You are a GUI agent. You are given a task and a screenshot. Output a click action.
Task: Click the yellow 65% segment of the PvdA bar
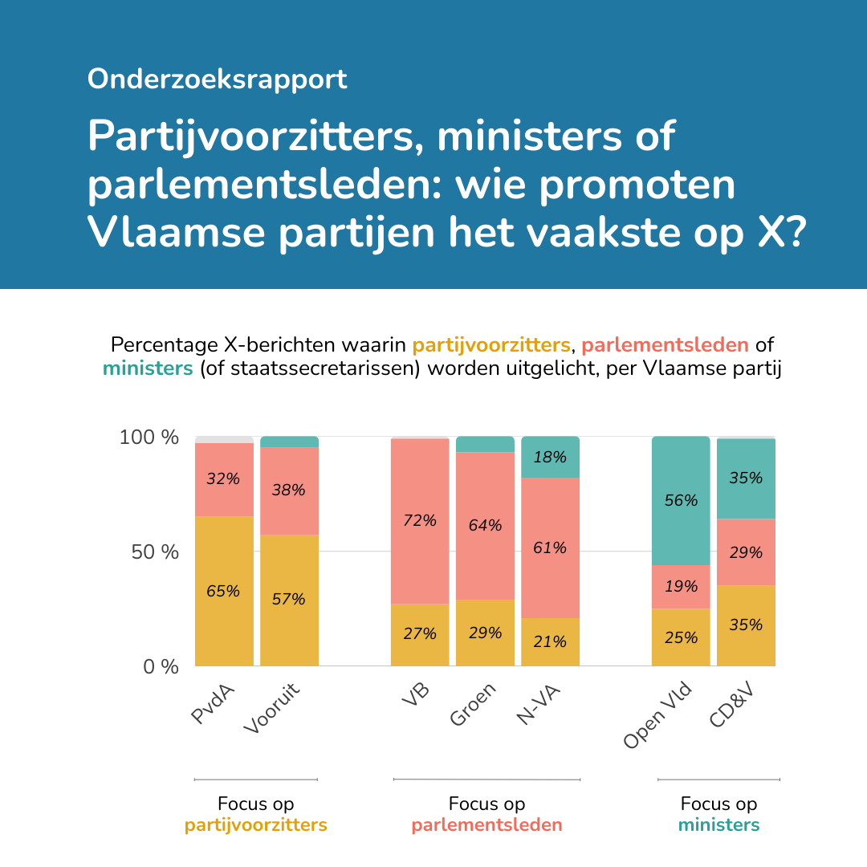click(224, 591)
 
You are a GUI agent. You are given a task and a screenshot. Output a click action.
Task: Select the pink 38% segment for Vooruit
click(289, 490)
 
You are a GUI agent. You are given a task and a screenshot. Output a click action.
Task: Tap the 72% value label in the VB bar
click(420, 520)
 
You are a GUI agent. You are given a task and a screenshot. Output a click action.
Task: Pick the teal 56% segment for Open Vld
click(681, 500)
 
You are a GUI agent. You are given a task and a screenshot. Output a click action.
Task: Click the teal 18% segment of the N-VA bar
click(550, 458)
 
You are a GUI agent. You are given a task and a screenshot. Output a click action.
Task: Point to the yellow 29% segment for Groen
click(485, 633)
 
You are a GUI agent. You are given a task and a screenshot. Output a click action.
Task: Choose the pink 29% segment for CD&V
click(746, 552)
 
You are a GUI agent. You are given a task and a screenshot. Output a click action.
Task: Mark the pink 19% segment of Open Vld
click(681, 587)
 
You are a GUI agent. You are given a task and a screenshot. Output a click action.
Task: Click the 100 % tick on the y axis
click(149, 438)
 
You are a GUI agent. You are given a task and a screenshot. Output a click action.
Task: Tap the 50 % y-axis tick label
click(156, 552)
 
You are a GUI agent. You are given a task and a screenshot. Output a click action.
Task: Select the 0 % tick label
click(161, 666)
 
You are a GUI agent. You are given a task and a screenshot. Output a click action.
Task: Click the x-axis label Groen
click(474, 704)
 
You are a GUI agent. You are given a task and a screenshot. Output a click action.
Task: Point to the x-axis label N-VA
click(539, 706)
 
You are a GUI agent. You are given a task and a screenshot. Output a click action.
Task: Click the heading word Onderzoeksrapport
click(217, 79)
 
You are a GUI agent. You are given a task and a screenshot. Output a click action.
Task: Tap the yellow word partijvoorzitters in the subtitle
click(490, 345)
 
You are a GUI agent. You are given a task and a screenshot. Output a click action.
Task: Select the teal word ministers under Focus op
click(718, 825)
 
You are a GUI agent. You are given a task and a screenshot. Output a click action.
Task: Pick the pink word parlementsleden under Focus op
click(486, 825)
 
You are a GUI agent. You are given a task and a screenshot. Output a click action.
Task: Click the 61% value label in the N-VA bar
click(550, 548)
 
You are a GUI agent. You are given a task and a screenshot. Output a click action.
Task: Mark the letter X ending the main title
click(771, 232)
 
